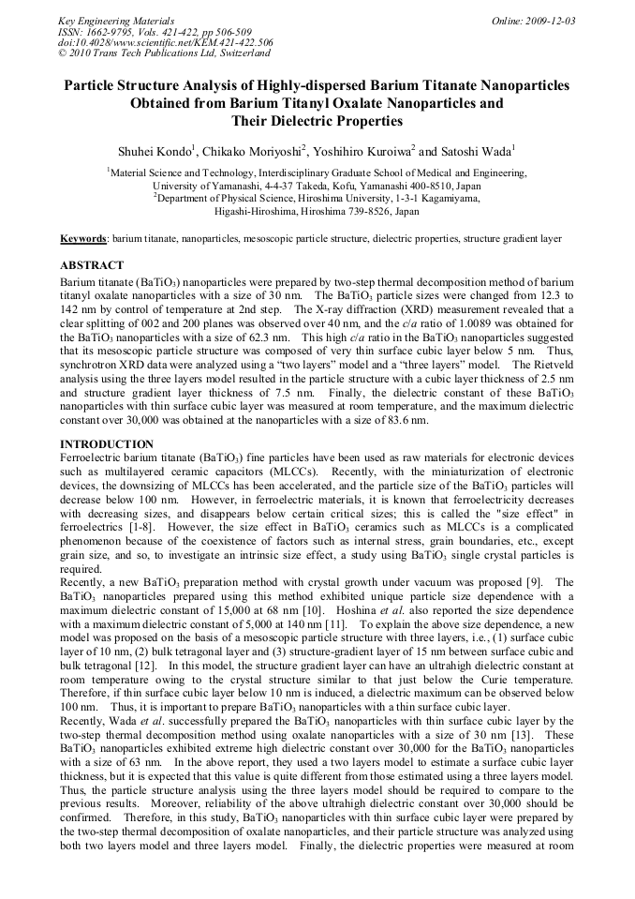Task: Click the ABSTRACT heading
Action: point(92,266)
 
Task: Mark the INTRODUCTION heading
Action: point(107,442)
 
